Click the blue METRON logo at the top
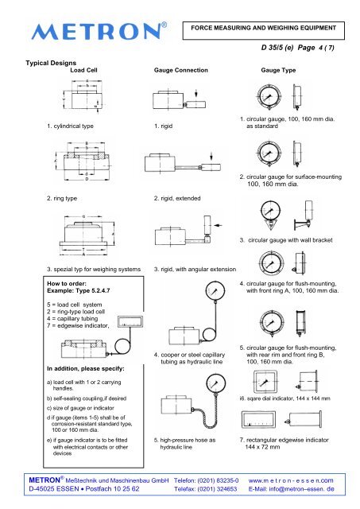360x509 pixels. click(99, 32)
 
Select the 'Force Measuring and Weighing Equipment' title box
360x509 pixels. click(263, 30)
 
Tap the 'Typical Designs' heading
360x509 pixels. click(51, 63)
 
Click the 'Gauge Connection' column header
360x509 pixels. click(181, 70)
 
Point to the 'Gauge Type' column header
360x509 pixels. click(278, 70)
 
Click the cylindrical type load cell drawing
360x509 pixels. click(84, 95)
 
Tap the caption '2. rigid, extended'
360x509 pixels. click(177, 198)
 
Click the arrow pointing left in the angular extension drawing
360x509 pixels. click(218, 225)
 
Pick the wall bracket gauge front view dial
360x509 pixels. click(270, 211)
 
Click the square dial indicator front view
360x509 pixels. click(265, 382)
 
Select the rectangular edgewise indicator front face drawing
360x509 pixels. click(258, 419)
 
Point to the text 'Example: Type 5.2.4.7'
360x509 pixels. click(79, 290)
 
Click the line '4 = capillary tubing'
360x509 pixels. click(72, 319)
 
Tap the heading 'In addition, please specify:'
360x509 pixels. click(86, 369)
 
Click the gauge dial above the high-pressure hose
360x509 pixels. click(215, 383)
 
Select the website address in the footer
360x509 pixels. click(291, 480)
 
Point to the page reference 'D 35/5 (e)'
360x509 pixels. click(277, 48)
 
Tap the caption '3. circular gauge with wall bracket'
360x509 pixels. click(286, 240)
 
